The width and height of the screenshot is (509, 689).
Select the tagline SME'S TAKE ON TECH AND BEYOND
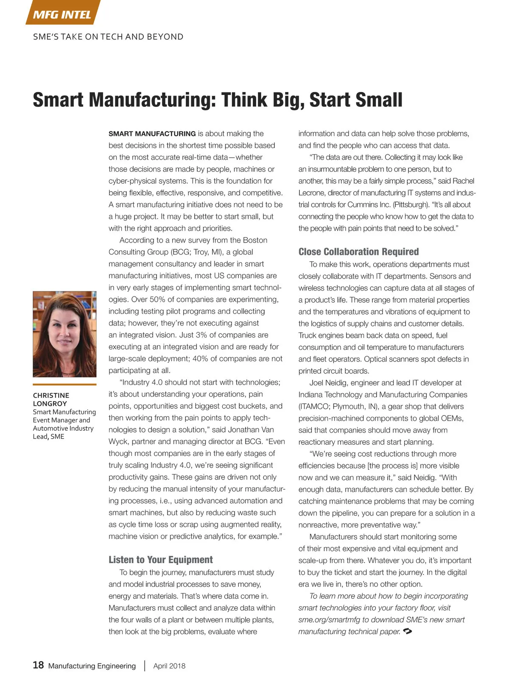point(108,37)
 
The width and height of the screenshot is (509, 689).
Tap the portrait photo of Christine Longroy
point(64,334)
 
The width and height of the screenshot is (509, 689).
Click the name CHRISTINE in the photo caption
point(51,395)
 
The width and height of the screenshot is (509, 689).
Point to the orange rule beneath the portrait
point(64,385)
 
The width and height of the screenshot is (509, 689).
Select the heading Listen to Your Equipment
point(161,560)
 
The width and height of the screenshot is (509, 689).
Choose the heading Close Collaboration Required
point(358,252)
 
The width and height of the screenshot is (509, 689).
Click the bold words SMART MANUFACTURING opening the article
point(152,134)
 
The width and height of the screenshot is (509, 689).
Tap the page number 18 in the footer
point(38,665)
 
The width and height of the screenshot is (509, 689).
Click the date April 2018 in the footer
point(169,666)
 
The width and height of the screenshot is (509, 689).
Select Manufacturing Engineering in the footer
point(92,666)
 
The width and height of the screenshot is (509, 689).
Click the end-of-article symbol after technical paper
point(408,631)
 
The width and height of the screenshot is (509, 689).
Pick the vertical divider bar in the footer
point(145,665)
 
